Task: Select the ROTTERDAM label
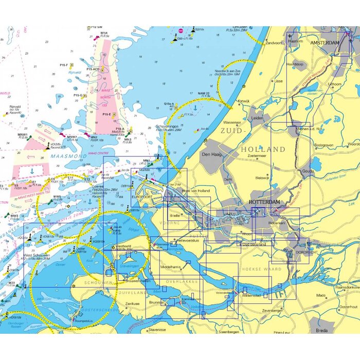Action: (x=264, y=202)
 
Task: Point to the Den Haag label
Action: (x=212, y=154)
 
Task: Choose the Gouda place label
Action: (x=308, y=170)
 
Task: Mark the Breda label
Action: (x=322, y=330)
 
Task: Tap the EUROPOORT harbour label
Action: (x=141, y=197)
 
